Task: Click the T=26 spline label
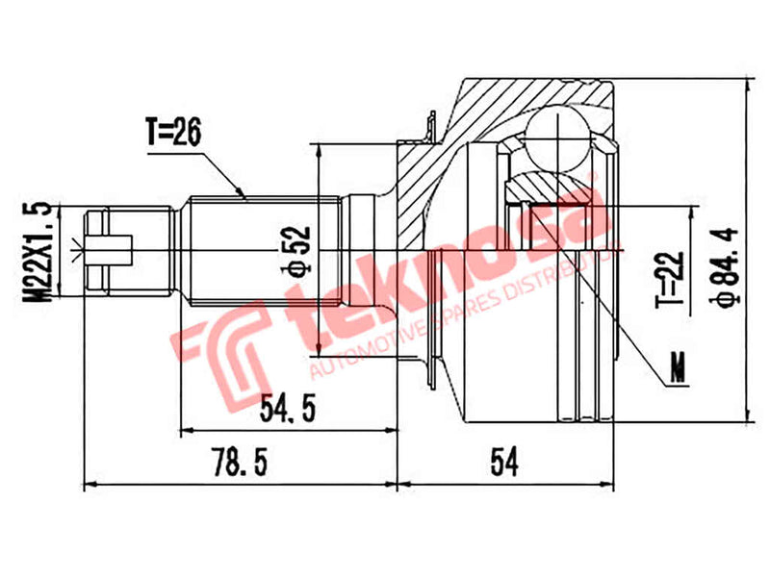coord(173,134)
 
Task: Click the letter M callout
coord(680,368)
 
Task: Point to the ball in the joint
coord(559,138)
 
